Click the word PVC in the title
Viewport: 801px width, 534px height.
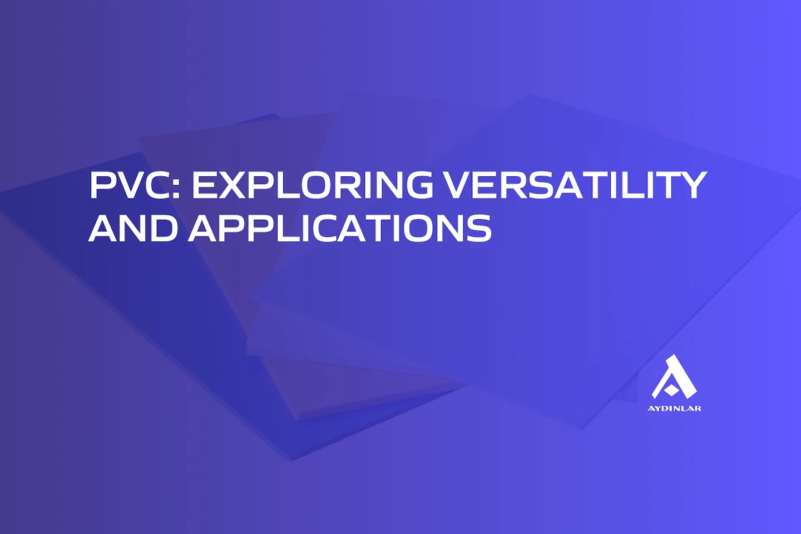[x=131, y=185]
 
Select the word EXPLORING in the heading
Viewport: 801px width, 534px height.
[x=312, y=185]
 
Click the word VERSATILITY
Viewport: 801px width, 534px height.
[x=576, y=185]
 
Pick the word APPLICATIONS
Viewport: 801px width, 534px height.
[x=340, y=228]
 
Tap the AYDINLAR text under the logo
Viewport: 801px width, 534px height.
[x=674, y=408]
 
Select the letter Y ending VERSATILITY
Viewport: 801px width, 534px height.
[x=692, y=185]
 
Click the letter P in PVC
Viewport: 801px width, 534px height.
[x=103, y=185]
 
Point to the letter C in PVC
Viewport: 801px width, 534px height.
[x=156, y=185]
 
